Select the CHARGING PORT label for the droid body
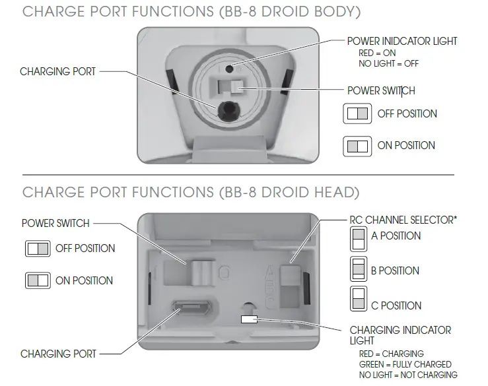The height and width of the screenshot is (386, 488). (x=58, y=71)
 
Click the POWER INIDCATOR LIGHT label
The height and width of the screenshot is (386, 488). (x=401, y=42)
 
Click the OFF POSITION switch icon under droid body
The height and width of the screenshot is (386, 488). (x=357, y=113)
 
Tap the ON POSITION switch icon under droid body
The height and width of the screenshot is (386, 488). (x=357, y=146)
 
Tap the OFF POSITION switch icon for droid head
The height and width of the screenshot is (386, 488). (x=37, y=249)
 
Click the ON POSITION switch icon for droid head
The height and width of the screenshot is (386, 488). (x=37, y=280)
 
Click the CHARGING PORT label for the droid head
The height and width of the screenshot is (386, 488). (x=58, y=354)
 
